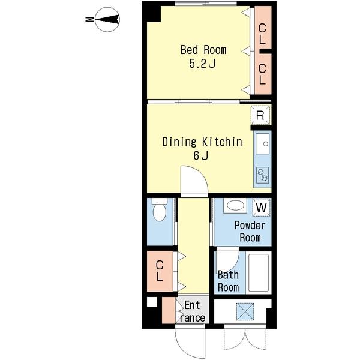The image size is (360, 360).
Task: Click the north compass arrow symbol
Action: tap(107, 19)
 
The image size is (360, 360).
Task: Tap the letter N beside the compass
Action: tap(89, 20)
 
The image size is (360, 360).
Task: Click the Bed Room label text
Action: tap(203, 50)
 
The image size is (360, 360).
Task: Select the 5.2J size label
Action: tap(202, 64)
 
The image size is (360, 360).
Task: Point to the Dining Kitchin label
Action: tap(202, 142)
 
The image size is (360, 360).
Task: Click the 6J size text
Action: tap(201, 155)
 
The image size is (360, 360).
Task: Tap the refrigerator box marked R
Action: tap(260, 115)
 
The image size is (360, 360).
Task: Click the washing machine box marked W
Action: tap(262, 208)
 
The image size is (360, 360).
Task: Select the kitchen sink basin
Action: tap(263, 144)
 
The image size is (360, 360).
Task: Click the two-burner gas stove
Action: tap(263, 175)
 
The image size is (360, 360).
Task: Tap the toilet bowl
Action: tap(160, 210)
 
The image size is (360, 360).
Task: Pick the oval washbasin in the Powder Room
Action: tap(235, 205)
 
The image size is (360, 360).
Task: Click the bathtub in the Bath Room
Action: tap(259, 273)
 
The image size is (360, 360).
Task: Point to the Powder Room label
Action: tap(250, 232)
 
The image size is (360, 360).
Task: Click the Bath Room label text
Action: tap(228, 281)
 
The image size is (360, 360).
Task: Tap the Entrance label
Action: tap(192, 311)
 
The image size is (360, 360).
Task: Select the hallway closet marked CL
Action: tap(160, 271)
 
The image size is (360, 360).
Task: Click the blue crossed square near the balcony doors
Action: tap(245, 311)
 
